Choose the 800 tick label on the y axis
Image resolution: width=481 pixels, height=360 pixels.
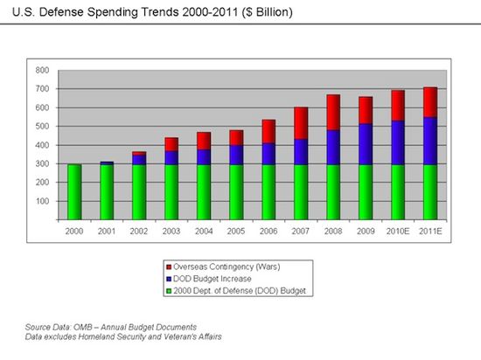pos(41,70)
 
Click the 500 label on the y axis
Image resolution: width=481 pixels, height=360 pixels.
pos(41,126)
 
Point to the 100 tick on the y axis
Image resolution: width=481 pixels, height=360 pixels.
pos(41,201)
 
